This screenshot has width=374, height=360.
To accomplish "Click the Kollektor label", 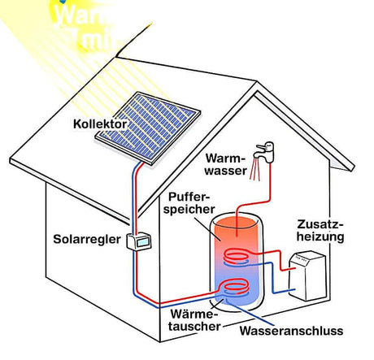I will [99, 124].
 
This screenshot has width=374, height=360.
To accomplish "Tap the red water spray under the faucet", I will [258, 167].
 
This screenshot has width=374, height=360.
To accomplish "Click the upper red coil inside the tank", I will [239, 256].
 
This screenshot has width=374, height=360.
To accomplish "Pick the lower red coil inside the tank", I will [235, 287].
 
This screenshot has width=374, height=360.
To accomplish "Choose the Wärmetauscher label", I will [193, 319].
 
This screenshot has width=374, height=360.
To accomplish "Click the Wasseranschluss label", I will [291, 331].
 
